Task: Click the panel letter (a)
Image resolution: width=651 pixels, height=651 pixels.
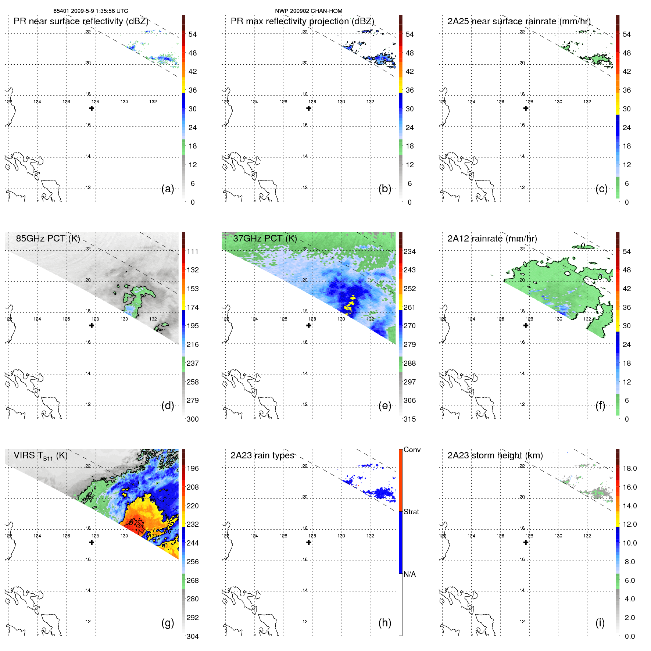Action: (x=168, y=189)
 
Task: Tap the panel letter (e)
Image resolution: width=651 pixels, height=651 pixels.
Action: (x=384, y=406)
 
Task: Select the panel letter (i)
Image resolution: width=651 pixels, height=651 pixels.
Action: (x=600, y=623)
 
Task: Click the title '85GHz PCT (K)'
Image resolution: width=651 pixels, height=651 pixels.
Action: (x=48, y=239)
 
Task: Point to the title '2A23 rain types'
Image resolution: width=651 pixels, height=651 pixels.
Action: (x=262, y=455)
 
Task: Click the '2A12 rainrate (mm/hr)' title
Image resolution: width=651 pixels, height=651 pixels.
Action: (x=492, y=239)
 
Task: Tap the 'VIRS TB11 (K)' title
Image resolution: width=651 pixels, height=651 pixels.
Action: (x=40, y=456)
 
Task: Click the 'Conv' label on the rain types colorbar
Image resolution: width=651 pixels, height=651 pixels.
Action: (x=412, y=450)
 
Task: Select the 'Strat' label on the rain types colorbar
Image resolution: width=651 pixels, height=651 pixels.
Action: (x=411, y=512)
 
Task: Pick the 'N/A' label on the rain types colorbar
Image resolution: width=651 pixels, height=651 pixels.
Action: (x=409, y=574)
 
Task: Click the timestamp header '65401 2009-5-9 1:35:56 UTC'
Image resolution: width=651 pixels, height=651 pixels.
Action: (x=90, y=11)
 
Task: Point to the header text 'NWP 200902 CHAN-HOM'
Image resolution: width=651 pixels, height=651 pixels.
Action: (x=308, y=11)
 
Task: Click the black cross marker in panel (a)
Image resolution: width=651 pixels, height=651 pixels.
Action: (x=92, y=108)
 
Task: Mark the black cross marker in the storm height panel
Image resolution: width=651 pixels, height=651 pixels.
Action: (x=526, y=542)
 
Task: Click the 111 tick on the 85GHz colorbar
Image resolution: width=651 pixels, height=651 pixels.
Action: (x=192, y=251)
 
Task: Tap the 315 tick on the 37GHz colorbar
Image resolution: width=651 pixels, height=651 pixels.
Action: (x=409, y=419)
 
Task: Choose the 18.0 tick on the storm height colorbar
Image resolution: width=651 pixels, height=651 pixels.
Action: (x=629, y=468)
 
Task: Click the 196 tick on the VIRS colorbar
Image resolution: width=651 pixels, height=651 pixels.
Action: (x=192, y=468)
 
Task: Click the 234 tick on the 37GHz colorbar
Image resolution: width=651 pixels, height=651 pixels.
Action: (x=409, y=251)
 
